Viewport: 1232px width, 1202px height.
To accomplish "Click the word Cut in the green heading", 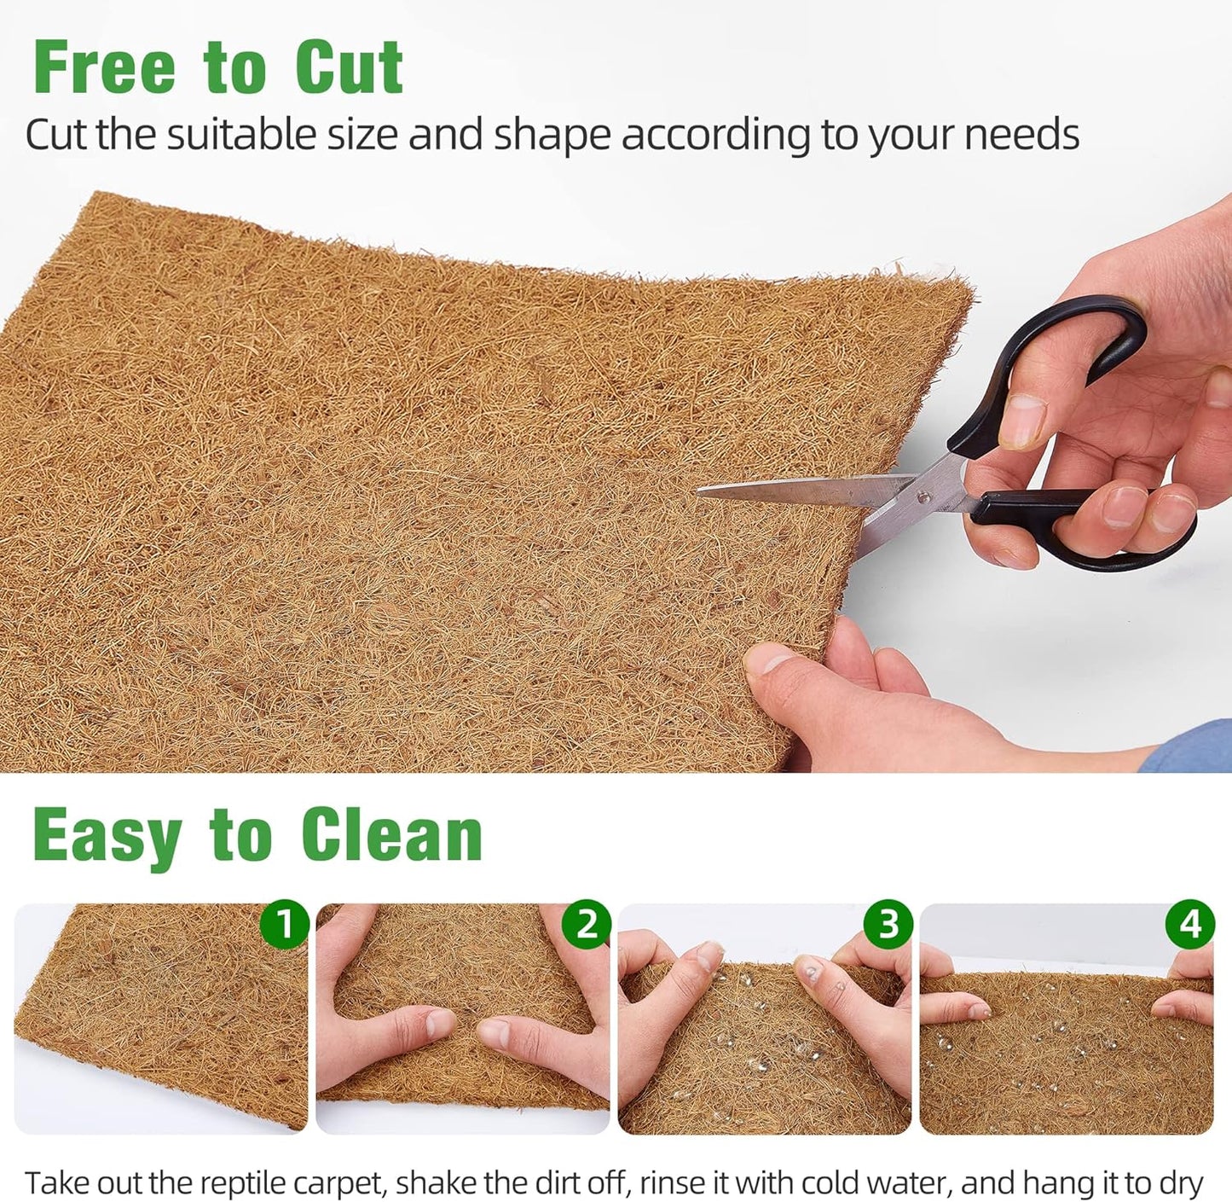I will tap(349, 67).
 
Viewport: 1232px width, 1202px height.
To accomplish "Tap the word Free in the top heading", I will tap(104, 67).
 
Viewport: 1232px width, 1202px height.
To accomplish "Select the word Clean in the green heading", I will tap(391, 835).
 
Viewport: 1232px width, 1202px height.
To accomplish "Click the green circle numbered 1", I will tap(284, 924).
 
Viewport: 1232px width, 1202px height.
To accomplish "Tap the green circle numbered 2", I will tap(587, 924).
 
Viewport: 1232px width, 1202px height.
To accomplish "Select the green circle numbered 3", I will tap(888, 924).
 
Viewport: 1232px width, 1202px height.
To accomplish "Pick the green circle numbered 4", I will tap(1190, 924).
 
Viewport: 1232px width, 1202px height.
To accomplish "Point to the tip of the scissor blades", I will tap(701, 491).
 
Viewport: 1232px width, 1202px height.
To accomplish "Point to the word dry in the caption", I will tap(1180, 1183).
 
